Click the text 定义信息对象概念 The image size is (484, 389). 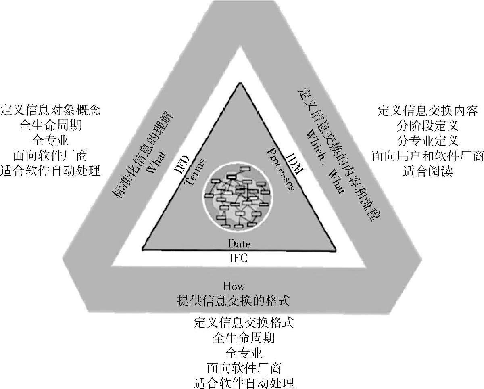pos(50,110)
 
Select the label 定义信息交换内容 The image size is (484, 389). pos(428,110)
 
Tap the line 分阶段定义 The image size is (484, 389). pos(428,125)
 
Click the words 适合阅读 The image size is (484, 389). pos(428,171)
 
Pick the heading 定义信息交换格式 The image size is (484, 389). pos(243,323)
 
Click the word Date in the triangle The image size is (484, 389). pos(239,244)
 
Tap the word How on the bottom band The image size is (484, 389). pos(234,286)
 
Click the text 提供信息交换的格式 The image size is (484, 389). pos(234,301)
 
